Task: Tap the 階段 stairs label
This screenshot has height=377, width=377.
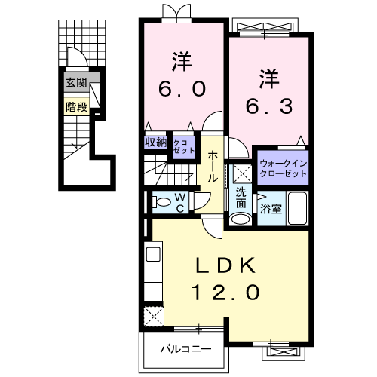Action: click(75, 106)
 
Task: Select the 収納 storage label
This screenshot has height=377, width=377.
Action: click(157, 141)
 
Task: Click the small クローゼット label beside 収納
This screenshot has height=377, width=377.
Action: click(183, 145)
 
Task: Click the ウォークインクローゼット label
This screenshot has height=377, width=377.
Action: click(283, 167)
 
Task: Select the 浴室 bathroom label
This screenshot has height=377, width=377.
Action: click(271, 209)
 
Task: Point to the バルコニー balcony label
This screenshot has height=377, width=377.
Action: click(185, 349)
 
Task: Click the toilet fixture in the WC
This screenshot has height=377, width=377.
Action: click(160, 201)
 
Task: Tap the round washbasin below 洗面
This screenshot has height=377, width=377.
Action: click(241, 219)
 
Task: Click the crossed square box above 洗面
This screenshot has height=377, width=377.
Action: click(242, 173)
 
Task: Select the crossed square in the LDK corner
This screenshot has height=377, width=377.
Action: click(154, 314)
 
